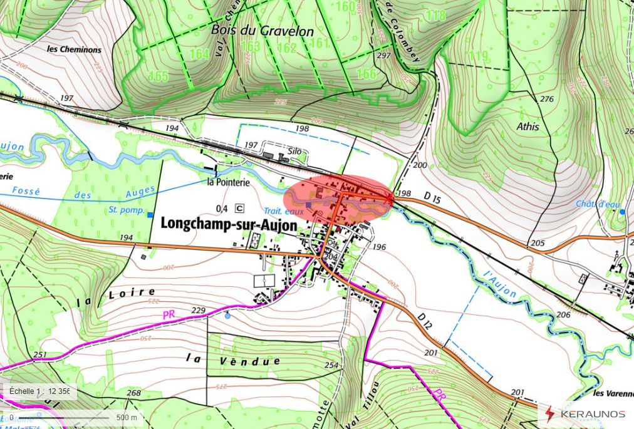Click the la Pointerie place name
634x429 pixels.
[x=228, y=182]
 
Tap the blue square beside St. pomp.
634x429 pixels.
[x=150, y=215]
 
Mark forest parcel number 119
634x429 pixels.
[x=478, y=57]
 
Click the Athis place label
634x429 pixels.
[x=527, y=127]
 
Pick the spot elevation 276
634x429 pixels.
[x=547, y=100]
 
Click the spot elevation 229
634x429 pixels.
[x=198, y=311]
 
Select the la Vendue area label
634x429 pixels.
[x=232, y=361]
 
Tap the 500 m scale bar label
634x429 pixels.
[x=127, y=417]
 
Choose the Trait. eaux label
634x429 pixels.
[x=283, y=212]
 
